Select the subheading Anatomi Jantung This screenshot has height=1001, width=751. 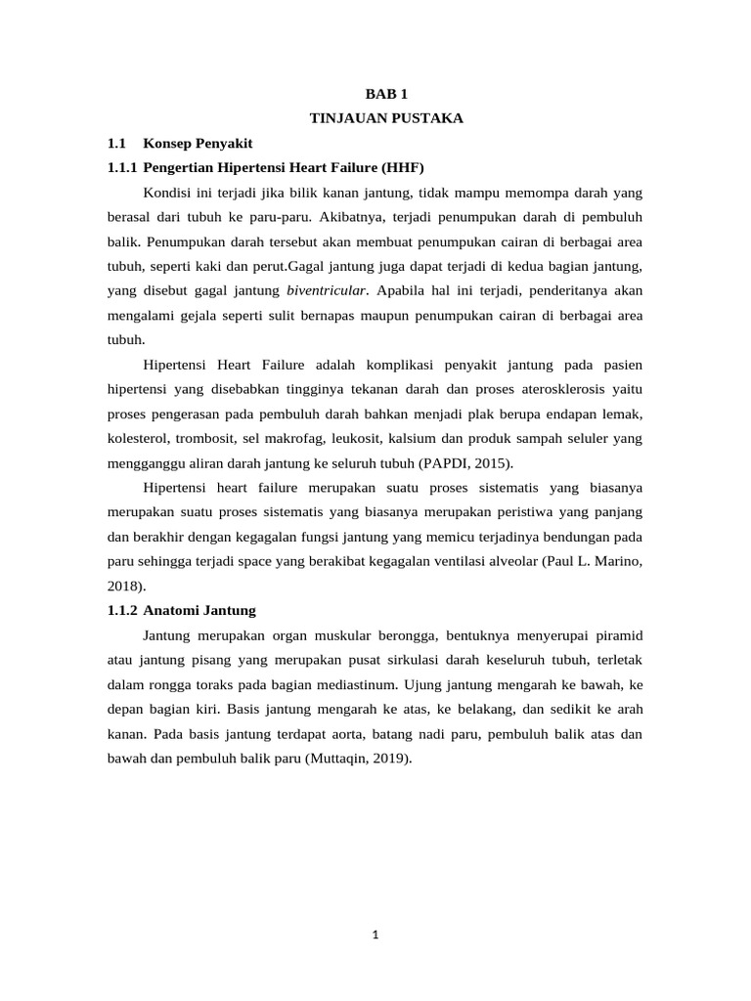coord(199,610)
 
